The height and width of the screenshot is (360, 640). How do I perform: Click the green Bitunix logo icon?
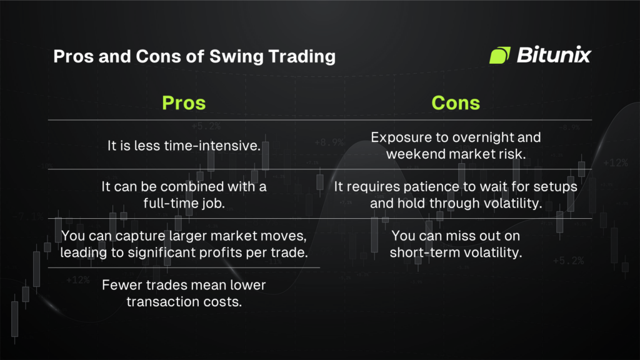coord(499,56)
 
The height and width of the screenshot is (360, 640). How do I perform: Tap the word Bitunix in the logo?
coord(554,56)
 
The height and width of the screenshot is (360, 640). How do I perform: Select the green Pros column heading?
coord(184,102)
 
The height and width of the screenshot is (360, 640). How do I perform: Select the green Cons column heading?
coord(456,102)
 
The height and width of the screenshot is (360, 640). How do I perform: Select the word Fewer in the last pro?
coord(119,286)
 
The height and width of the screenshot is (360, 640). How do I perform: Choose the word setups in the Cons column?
coord(556,187)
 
